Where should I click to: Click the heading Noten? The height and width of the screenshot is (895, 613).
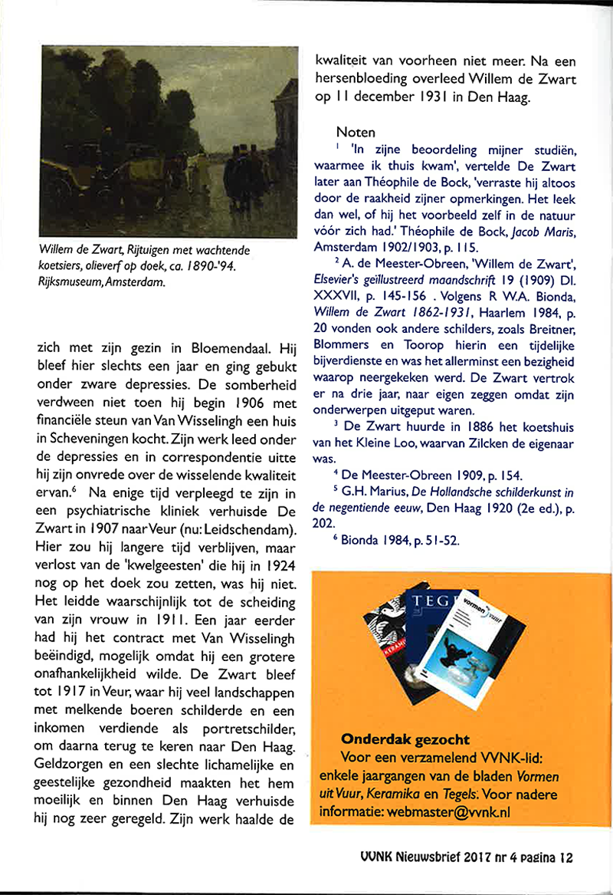click(356, 132)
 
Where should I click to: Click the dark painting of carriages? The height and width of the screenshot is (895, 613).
click(168, 142)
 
